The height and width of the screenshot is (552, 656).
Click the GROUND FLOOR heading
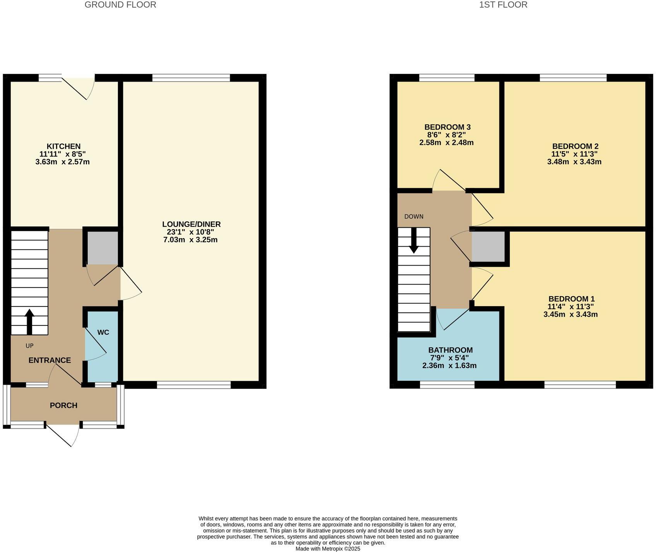pyautogui.click(x=120, y=5)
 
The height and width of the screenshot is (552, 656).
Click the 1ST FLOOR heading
pyautogui.click(x=503, y=5)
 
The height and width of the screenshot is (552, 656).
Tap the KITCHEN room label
pyautogui.click(x=63, y=147)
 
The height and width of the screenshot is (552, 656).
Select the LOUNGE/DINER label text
pyautogui.click(x=191, y=224)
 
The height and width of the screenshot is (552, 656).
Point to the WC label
pyautogui.click(x=103, y=332)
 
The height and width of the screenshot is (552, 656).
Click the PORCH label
pyautogui.click(x=63, y=405)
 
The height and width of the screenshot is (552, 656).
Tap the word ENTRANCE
pyautogui.click(x=50, y=360)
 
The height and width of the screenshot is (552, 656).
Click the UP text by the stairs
pyautogui.click(x=29, y=346)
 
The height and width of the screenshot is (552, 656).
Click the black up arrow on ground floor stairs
pyautogui.click(x=29, y=321)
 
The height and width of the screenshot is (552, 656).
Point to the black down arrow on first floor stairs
pyautogui.click(x=414, y=241)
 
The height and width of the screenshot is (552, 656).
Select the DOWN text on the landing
pyautogui.click(x=414, y=216)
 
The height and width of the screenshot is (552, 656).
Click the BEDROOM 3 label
pyautogui.click(x=448, y=127)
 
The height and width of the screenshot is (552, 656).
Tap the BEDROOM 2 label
pyautogui.click(x=575, y=147)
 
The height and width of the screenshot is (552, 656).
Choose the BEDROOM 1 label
pyautogui.click(x=571, y=299)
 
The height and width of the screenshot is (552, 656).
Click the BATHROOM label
pyautogui.click(x=450, y=350)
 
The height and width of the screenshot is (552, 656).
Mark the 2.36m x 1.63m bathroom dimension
pyautogui.click(x=449, y=365)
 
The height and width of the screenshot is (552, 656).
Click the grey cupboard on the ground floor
pyautogui.click(x=102, y=248)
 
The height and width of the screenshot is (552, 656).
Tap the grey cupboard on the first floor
pyautogui.click(x=488, y=247)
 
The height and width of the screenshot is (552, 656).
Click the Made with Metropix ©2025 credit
pyautogui.click(x=328, y=549)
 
